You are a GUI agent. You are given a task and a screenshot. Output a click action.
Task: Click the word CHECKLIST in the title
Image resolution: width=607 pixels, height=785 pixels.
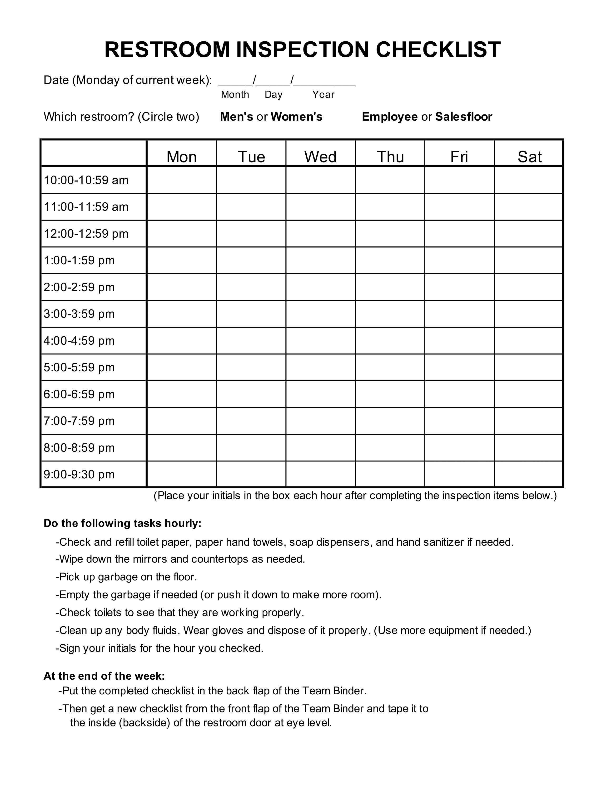(438, 50)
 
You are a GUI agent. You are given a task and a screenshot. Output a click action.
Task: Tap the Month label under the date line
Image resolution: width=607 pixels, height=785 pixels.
(235, 94)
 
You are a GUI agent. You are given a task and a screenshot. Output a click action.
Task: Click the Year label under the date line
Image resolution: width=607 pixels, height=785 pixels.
(323, 94)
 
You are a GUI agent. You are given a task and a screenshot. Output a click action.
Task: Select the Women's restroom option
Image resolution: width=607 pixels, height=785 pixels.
(296, 117)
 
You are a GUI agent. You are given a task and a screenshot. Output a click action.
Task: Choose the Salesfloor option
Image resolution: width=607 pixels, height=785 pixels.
(463, 117)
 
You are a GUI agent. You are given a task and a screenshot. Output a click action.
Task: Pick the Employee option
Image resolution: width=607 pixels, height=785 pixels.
(389, 117)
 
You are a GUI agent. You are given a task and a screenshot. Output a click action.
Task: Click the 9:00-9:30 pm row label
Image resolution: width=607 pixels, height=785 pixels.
(79, 475)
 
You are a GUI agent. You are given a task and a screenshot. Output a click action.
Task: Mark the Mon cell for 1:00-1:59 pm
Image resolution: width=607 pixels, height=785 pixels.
(182, 260)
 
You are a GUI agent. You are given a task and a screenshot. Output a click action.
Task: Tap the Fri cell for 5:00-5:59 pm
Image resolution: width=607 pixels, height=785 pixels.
(459, 367)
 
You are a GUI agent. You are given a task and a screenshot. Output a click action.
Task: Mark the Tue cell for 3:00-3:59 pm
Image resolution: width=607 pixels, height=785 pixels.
(251, 314)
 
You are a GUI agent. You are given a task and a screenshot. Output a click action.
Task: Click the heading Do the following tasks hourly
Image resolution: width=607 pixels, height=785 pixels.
(122, 523)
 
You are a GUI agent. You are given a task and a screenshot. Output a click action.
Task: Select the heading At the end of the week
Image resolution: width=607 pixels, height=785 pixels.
(104, 676)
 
